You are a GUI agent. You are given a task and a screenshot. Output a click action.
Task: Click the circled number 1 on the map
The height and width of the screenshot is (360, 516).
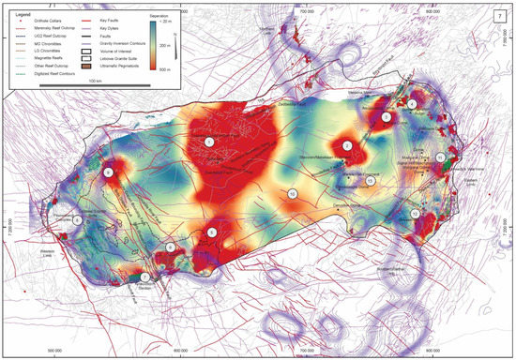209,141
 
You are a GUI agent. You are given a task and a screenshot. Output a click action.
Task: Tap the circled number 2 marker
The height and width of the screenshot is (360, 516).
347,145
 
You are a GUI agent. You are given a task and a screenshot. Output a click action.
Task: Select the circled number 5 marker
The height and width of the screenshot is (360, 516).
213,232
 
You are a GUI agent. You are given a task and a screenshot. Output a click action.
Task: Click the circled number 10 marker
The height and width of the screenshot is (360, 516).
293,194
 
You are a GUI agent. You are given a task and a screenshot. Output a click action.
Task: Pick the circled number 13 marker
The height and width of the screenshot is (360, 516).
371,180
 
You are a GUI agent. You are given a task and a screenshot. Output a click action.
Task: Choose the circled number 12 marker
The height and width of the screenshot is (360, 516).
414,214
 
